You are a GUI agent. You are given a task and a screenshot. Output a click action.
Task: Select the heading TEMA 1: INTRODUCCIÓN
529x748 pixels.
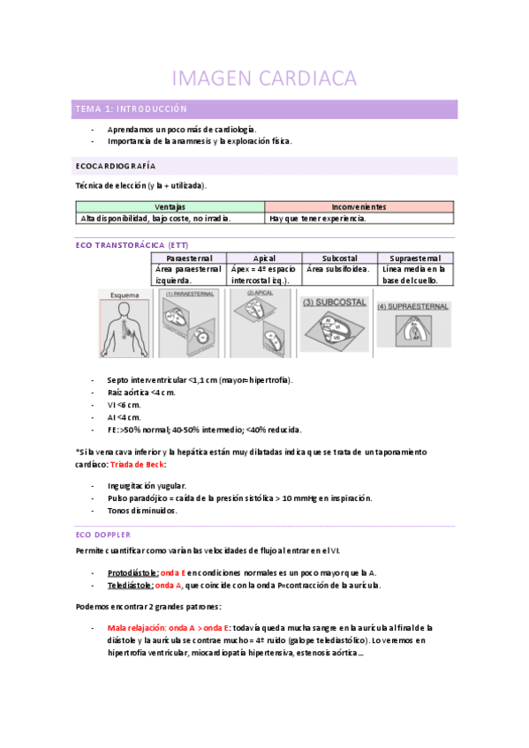[x=131, y=109]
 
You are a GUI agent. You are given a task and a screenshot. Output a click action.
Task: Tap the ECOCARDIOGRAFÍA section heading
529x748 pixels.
[x=115, y=166]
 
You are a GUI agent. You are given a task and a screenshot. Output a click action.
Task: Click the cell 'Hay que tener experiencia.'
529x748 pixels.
[x=318, y=218]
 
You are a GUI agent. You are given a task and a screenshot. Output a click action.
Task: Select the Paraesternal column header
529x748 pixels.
[x=189, y=257]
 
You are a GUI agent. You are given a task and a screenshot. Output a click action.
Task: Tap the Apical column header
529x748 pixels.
[x=264, y=257]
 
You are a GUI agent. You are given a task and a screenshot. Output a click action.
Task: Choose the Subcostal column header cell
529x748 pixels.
[x=339, y=257]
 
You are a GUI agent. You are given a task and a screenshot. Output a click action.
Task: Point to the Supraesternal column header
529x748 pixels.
[x=415, y=257]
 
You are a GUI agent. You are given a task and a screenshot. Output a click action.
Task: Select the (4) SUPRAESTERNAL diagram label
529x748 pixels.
[x=413, y=307]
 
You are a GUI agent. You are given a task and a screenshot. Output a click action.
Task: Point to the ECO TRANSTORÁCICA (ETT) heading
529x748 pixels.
[x=132, y=244]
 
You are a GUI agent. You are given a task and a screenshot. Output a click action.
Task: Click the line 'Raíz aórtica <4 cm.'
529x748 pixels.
[x=142, y=392]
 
